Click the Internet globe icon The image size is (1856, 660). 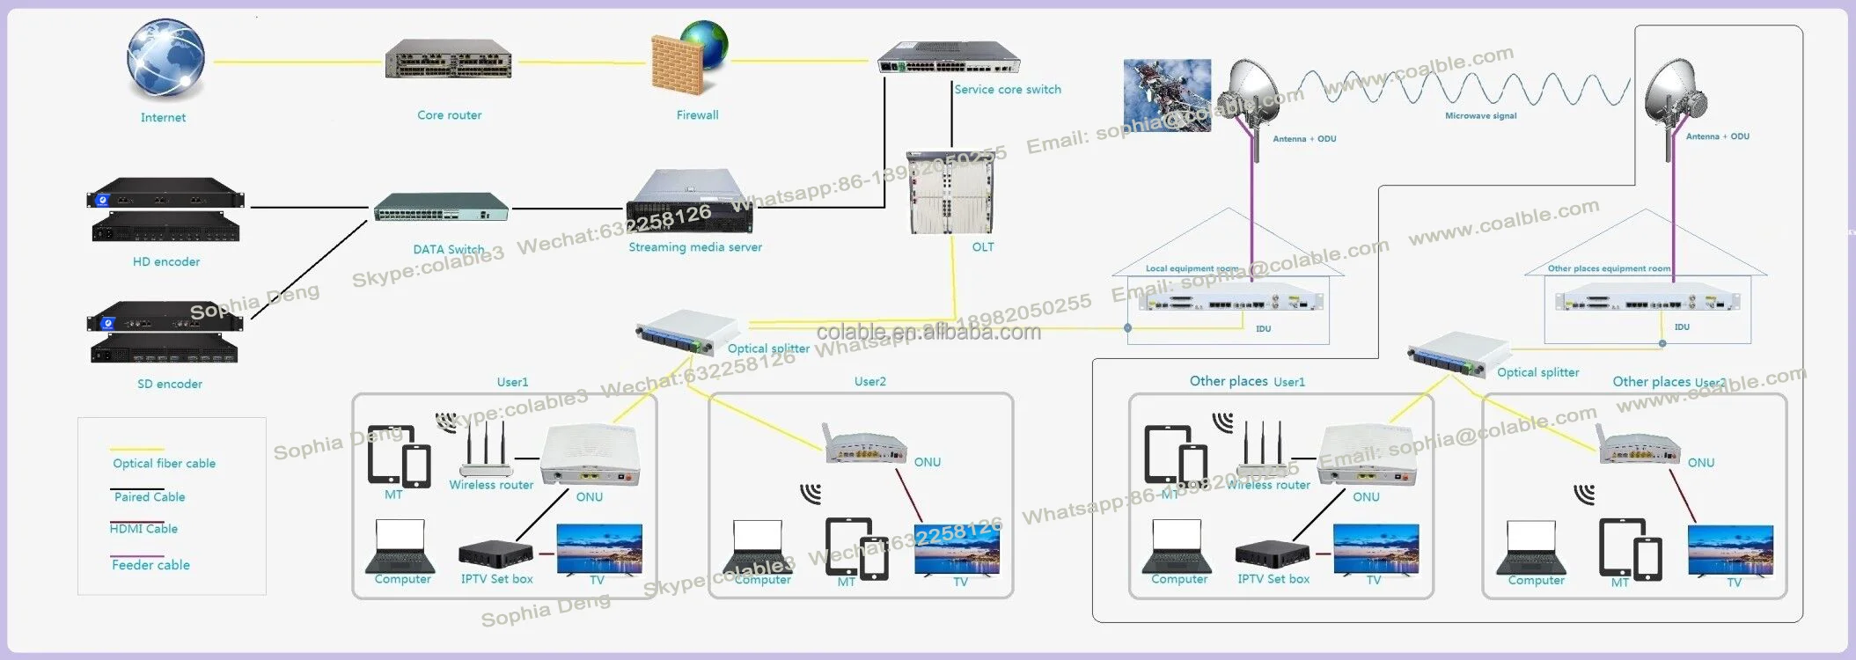pos(165,59)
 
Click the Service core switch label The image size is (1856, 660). pos(1008,90)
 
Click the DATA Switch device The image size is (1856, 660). pos(441,209)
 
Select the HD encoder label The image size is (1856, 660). pos(166,262)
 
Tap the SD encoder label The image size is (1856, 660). pos(170,385)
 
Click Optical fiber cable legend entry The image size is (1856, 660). pos(164,464)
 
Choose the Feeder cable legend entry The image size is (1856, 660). pos(150,565)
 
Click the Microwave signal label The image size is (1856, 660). pos(1480,116)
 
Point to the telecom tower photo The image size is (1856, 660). pos(1167,95)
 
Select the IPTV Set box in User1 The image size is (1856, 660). pos(495,554)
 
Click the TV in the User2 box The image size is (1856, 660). pos(957,549)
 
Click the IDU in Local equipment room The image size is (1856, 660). pos(1230,302)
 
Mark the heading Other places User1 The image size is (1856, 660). pos(1247,382)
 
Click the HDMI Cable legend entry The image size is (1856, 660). pos(144,529)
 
